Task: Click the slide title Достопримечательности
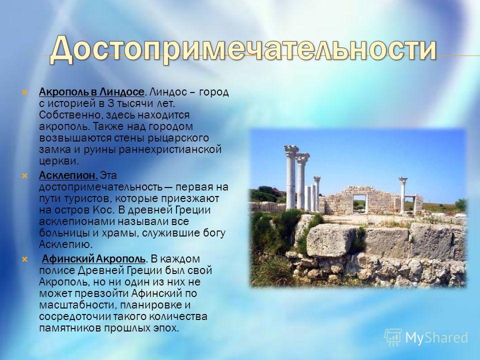tap(243, 49)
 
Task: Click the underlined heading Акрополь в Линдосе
tap(91, 92)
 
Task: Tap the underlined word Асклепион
tap(68, 175)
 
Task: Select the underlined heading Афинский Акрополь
tap(93, 259)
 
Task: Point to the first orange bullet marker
tap(24, 92)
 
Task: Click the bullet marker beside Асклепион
tap(24, 175)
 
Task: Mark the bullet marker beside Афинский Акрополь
tap(24, 259)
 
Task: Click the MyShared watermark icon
tap(393, 337)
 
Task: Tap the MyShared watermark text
tap(436, 337)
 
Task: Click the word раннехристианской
tap(170, 149)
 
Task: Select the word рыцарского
tap(178, 138)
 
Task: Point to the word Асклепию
tap(65, 244)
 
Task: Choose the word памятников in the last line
tap(70, 328)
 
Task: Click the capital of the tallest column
tap(291, 151)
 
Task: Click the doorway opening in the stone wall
tap(359, 203)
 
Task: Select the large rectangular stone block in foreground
tap(330, 240)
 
